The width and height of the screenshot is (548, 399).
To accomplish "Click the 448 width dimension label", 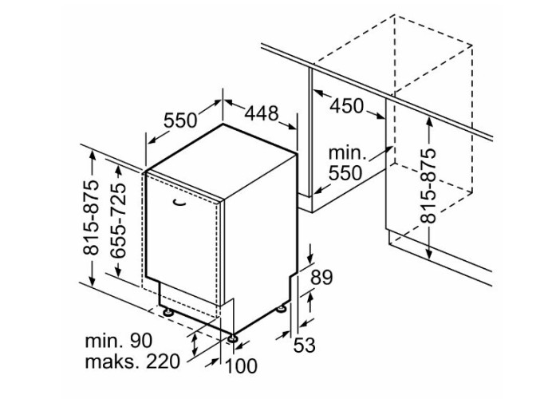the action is (262, 113).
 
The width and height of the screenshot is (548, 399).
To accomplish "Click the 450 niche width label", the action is (347, 106).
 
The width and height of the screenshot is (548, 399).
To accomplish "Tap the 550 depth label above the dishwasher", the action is (180, 120).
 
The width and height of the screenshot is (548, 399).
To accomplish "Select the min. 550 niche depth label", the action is (345, 164).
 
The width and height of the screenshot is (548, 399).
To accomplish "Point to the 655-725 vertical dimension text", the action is (116, 220).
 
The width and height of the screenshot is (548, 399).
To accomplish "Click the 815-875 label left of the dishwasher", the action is (91, 218).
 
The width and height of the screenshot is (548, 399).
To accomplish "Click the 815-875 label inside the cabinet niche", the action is (428, 186).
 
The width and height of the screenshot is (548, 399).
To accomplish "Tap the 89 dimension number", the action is (321, 278).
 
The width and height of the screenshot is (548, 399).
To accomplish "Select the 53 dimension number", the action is (305, 346).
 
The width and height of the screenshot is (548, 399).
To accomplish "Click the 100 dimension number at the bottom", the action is (241, 366).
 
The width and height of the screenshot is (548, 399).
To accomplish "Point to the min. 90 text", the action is (119, 340).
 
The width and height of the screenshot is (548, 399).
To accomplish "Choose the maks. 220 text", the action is (132, 361).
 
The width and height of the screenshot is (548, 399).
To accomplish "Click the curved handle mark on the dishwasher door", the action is (180, 203).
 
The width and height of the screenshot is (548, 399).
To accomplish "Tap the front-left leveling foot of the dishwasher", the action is (167, 311).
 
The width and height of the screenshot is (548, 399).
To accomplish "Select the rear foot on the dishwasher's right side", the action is (281, 310).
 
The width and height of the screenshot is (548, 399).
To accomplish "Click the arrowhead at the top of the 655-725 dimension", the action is (119, 169).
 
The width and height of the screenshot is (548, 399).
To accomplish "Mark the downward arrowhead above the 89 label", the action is (310, 258).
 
